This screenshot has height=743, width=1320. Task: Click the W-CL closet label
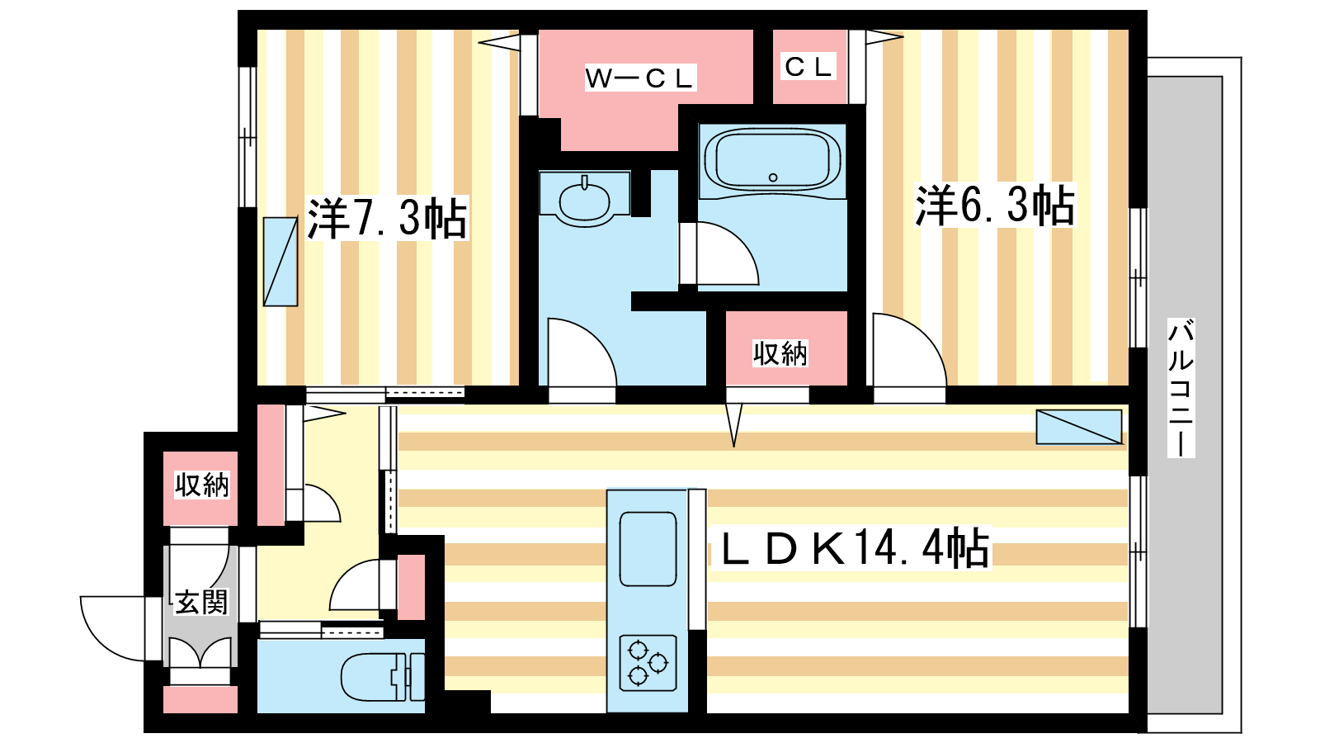640,78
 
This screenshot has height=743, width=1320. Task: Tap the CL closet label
808,67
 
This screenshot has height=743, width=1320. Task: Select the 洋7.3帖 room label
387,218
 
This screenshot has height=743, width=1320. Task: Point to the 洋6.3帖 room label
995,206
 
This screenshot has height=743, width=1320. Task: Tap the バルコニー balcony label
1181,388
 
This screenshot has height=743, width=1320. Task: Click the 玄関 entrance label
201,602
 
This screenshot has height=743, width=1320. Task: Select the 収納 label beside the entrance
201,485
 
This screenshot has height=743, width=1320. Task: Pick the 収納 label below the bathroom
780,353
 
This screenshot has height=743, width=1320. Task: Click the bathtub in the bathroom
772,161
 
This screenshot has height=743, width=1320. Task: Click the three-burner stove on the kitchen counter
648,663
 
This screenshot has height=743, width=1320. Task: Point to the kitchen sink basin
648,549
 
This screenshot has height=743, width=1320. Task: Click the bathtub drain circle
773,177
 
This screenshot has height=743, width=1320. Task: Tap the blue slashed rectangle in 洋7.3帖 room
280,261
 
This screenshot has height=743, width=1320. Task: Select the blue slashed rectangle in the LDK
1079,427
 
